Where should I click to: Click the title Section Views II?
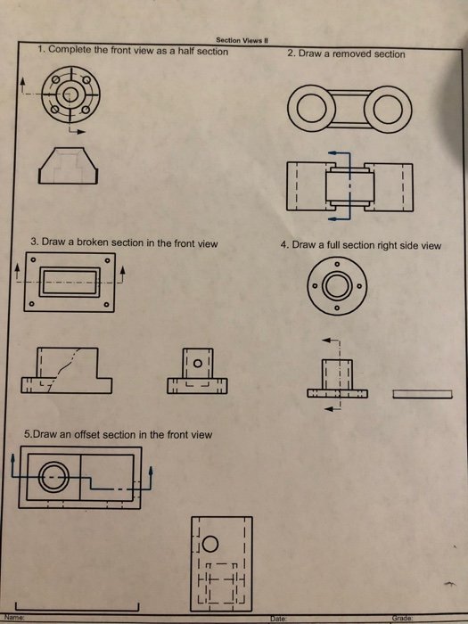242,40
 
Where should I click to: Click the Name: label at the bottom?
14,618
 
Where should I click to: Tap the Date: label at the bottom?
278,619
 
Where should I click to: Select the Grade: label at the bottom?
402,619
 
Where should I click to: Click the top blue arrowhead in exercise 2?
333,152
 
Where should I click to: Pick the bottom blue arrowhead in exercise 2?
333,218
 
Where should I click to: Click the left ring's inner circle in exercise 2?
312,109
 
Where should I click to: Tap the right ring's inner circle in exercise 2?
388,109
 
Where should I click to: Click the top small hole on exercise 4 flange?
337,264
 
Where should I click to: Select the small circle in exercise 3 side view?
198,364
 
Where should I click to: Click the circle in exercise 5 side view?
210,544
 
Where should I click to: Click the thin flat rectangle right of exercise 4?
423,394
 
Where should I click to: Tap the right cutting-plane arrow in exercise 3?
122,275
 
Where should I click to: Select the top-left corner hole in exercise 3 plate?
34,260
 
